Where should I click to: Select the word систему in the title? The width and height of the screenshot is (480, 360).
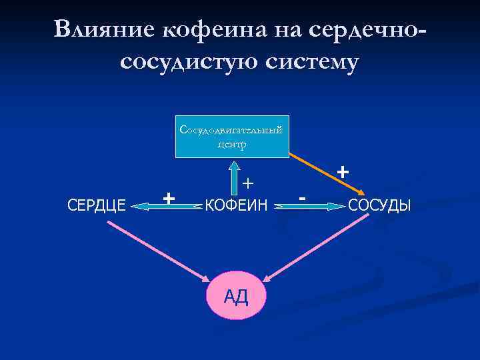tap(312, 62)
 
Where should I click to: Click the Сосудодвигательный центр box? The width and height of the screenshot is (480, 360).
tap(231, 137)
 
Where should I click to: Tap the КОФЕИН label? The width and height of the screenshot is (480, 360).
tap(236, 205)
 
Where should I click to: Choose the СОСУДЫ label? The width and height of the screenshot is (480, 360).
tap(381, 205)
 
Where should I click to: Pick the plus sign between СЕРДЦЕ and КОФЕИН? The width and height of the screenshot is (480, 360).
tap(169, 197)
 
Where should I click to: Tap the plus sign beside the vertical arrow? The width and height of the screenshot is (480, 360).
tap(248, 182)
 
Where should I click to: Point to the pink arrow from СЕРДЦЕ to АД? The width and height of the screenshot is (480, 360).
tap(157, 251)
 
